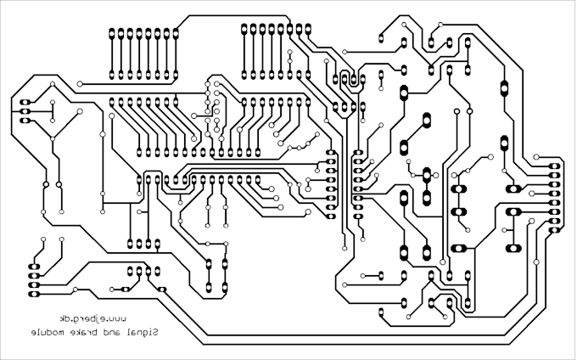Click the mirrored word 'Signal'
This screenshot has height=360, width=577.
coord(144,332)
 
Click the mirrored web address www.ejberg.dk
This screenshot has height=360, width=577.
coord(92,318)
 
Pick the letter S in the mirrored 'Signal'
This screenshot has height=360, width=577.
coord(155,332)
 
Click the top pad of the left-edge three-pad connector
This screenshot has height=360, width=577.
coord(25,103)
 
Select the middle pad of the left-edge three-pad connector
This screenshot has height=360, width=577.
coord(25,111)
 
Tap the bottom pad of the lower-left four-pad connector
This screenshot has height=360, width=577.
coord(34,294)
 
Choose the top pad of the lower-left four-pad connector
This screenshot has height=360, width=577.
coord(34,267)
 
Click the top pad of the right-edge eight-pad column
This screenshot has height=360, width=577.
coord(555,166)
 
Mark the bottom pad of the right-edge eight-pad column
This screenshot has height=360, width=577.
coord(555,230)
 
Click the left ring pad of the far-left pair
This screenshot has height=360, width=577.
coord(46,184)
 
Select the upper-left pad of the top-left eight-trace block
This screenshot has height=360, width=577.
coord(112,34)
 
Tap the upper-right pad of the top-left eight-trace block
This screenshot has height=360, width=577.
coord(176,34)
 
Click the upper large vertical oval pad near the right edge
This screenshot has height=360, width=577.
coord(504,88)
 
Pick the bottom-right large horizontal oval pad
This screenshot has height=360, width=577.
coord(513,249)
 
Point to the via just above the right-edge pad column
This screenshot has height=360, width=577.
coord(536,157)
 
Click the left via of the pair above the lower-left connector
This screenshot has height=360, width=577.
coord(43,239)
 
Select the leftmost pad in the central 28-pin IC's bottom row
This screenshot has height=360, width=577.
coord(139,180)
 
